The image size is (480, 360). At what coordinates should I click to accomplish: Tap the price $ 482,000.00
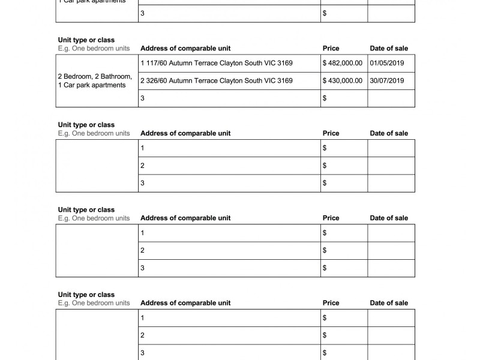coord(343,63)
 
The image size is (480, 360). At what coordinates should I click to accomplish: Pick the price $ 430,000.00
coord(343,80)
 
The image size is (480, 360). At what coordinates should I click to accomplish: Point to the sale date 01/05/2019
coord(387,63)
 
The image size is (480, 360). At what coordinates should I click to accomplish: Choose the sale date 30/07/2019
coord(387,80)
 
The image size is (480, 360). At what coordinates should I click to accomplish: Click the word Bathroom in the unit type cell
coord(115,77)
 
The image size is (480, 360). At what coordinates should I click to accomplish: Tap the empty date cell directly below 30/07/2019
coord(391,98)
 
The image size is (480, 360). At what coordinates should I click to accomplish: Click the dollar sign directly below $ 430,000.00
coord(325,98)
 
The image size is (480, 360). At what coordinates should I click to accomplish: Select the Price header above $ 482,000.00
coord(331,49)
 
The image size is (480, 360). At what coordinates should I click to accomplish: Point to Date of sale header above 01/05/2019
coord(389,49)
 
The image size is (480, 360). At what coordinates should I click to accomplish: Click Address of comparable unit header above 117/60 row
coord(185,49)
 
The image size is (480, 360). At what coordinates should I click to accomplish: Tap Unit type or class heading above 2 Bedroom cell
coord(86,40)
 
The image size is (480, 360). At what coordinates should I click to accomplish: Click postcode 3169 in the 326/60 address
coord(285,80)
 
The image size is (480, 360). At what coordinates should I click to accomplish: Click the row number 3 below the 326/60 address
coord(142,98)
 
